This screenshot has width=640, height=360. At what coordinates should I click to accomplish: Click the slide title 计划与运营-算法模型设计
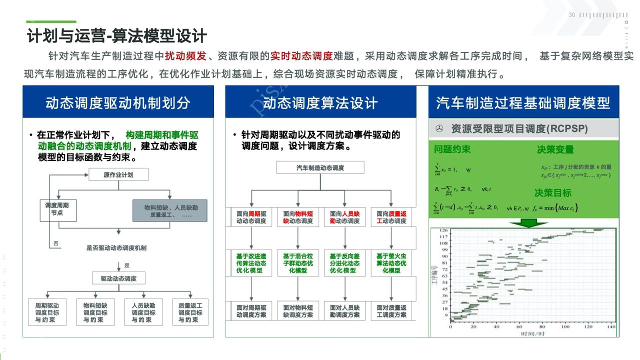pos(117,36)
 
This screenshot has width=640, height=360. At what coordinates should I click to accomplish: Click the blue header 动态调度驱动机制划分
pos(118,102)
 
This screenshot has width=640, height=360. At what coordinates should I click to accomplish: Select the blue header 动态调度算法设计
pos(320,102)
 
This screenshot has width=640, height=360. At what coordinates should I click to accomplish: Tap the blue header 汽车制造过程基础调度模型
pos(523,102)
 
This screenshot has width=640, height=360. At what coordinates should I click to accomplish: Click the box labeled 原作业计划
pos(118,174)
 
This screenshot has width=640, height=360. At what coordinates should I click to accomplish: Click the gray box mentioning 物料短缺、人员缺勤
pos(170,210)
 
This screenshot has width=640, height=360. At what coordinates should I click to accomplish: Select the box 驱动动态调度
pos(118,278)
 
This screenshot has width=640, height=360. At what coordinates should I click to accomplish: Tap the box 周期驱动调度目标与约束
pos(47,312)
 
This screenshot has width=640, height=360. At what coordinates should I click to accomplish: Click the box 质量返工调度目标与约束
pos(190,312)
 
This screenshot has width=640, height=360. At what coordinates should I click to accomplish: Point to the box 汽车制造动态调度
pos(320,167)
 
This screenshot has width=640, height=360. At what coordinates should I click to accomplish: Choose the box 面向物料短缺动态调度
pos(298,217)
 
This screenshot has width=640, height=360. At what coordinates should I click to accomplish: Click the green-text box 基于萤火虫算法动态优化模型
pos(391,263)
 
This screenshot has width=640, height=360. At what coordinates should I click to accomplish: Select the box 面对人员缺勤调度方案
pos(344,311)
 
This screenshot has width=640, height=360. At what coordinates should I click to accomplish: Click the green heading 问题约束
pos(452,149)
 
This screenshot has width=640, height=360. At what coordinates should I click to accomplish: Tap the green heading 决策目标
pos(553,193)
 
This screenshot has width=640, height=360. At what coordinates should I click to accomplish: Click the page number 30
pos(571,15)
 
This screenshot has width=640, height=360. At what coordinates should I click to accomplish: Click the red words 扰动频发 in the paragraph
pos(185,56)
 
